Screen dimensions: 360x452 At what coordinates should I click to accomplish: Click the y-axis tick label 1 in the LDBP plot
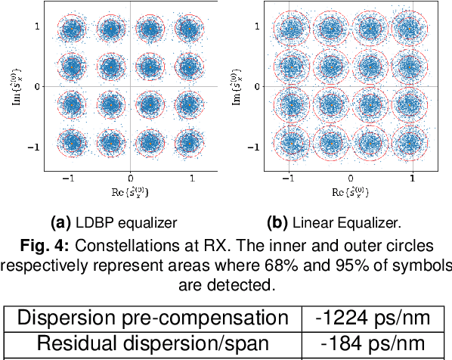point(36,26)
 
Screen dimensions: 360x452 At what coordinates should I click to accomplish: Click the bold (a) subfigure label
point(60,223)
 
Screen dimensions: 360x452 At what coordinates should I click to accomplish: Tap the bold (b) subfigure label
point(278,223)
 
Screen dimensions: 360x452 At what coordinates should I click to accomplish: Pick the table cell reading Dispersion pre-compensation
point(153,319)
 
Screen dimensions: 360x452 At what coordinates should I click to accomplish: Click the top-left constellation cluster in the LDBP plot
point(72,30)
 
